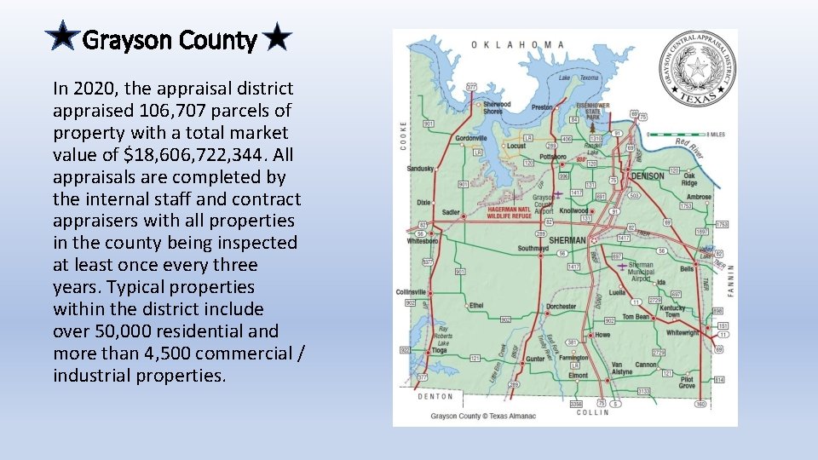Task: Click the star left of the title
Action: pos(63,38)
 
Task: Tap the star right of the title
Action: pos(277,38)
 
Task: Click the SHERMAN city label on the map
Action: pos(567,240)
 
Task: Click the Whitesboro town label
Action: pos(423,241)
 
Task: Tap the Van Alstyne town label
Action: pos(622,368)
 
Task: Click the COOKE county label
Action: pos(404,135)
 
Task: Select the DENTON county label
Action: pos(435,397)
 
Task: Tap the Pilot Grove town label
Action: pos(687,382)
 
